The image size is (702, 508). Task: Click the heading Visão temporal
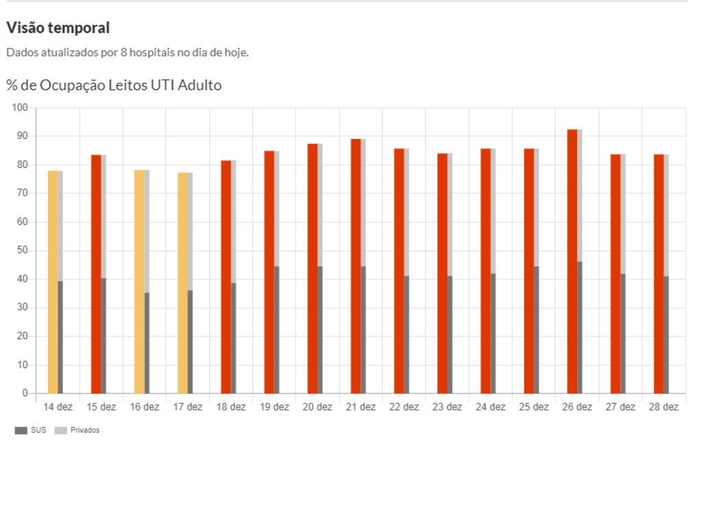click(58, 28)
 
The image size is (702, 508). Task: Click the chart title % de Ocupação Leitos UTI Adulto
click(114, 85)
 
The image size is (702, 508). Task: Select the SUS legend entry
click(31, 431)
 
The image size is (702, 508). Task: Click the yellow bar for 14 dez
click(53, 281)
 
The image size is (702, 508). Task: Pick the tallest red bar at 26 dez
click(572, 261)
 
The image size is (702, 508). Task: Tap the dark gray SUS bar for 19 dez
click(277, 329)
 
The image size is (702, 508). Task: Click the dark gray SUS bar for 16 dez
click(147, 343)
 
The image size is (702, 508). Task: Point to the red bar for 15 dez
click(96, 274)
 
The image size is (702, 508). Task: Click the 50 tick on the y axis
click(21, 250)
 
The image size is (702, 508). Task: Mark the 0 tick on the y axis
click(24, 394)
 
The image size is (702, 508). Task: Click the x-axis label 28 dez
click(663, 407)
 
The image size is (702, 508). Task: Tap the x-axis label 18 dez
click(231, 407)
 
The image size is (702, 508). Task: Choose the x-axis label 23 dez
click(447, 407)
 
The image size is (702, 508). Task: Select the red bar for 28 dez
click(658, 274)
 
